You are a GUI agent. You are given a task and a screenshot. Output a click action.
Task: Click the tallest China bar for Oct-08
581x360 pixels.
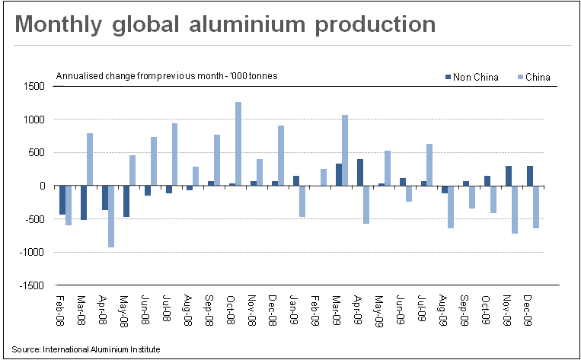[x=238, y=144]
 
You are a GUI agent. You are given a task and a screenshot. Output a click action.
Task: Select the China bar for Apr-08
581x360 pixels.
[x=111, y=216]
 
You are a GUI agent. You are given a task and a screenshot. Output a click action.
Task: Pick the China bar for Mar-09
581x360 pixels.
[x=345, y=150]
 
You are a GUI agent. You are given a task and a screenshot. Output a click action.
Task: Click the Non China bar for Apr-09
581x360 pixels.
[x=359, y=172]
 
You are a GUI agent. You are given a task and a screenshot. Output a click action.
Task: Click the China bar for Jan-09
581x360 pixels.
[x=302, y=201]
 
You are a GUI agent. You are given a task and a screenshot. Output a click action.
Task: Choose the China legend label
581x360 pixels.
[x=538, y=76]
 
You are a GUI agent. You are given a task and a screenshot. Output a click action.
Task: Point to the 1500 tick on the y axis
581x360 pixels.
[x=34, y=87]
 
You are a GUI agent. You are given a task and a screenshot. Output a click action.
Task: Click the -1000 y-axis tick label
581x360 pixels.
[x=32, y=253]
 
